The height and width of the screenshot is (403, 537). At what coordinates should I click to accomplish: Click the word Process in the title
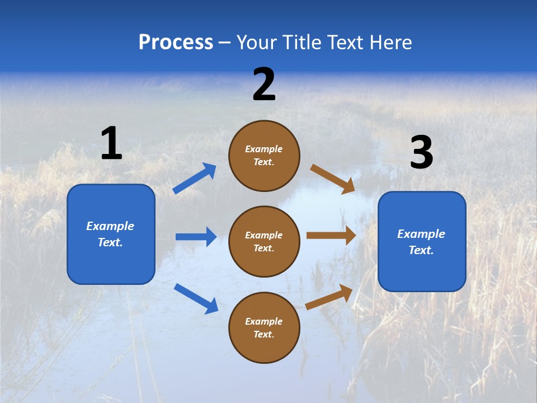pos(176,43)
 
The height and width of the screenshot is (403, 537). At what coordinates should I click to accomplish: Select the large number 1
pos(111,143)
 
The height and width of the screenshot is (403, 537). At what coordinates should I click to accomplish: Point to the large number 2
pos(264,85)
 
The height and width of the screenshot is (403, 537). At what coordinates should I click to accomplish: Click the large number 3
pos(421,153)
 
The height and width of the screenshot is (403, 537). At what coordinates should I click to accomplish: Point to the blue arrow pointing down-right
pos(196,298)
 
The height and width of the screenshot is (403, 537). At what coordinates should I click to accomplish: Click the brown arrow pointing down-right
pos(333,179)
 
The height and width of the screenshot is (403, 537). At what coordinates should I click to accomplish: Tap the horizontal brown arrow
pos(331,236)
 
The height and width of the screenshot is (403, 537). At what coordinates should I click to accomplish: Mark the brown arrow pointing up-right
pos(329,297)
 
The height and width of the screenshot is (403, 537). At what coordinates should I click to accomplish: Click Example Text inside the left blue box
pos(110,234)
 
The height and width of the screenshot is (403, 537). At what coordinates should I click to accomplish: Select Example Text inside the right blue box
pos(421,242)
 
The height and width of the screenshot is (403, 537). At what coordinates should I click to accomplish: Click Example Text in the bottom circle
pos(264,328)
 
